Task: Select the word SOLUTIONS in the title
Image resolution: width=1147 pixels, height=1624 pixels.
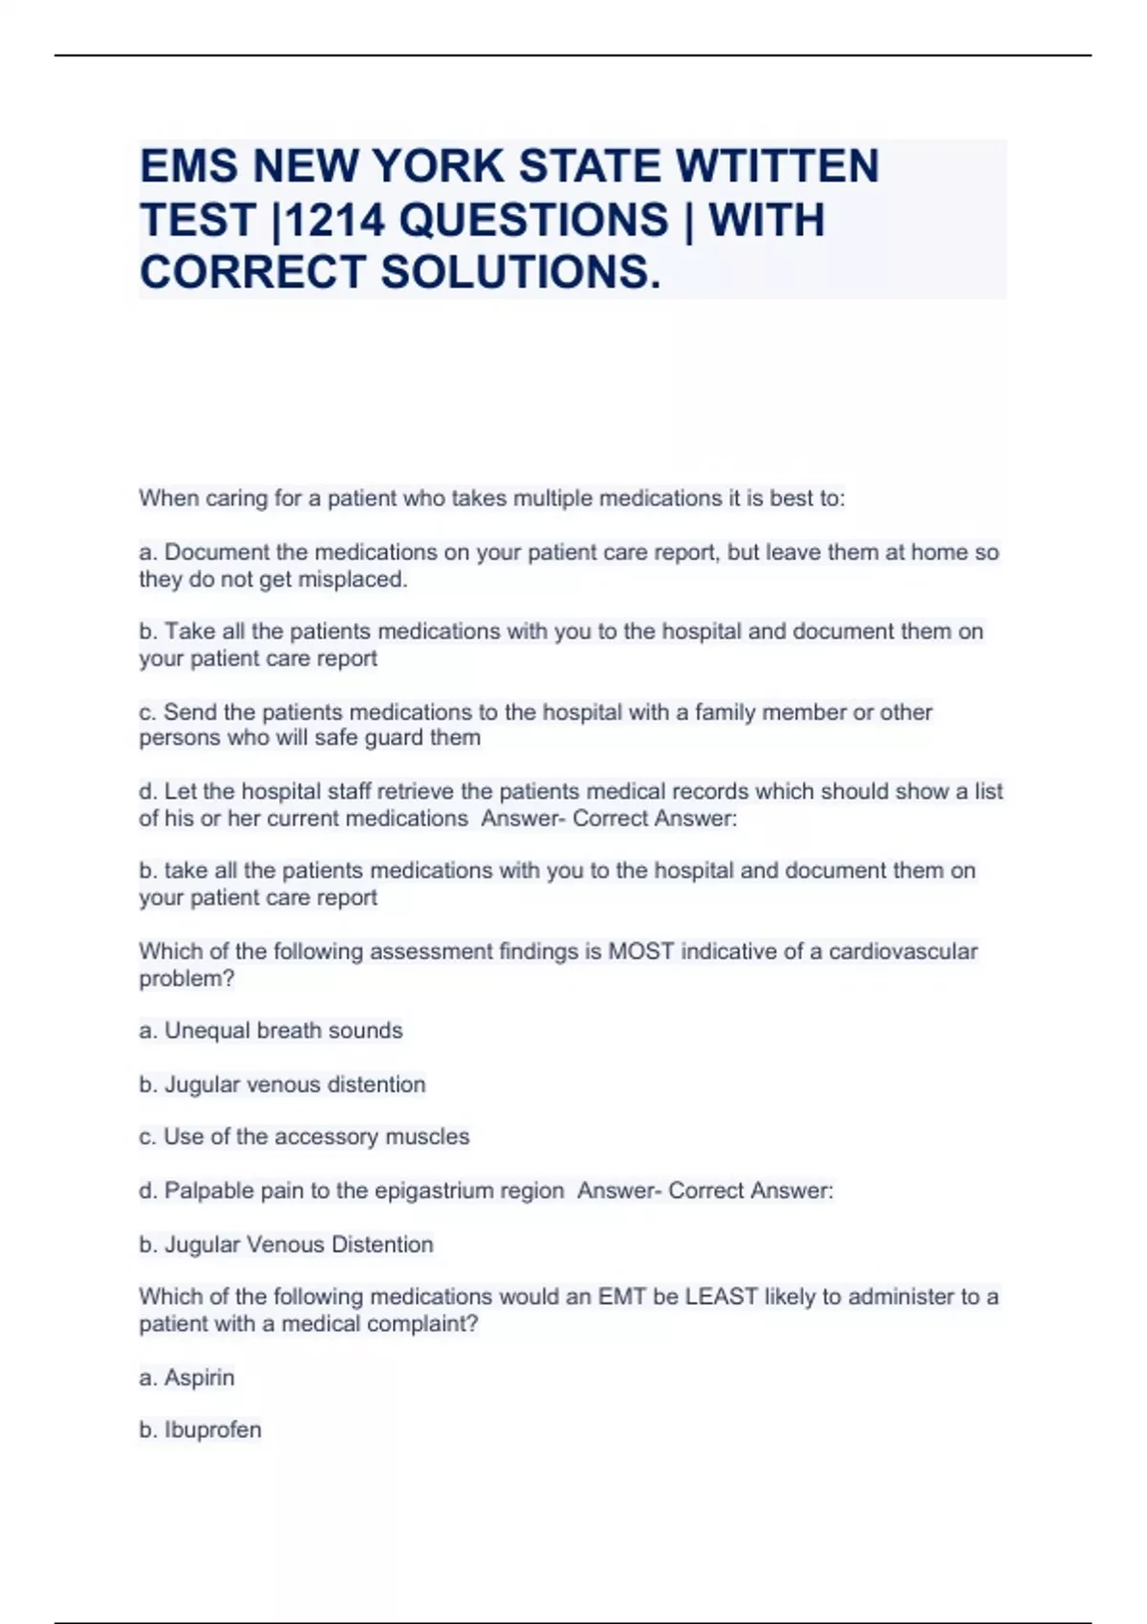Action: tap(520, 272)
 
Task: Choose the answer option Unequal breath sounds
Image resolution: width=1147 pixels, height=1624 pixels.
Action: tap(283, 1031)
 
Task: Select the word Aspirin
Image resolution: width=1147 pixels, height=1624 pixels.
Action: tap(199, 1378)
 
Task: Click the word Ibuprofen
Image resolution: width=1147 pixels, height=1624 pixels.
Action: tap(212, 1430)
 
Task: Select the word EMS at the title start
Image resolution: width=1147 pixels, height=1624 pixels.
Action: tap(188, 166)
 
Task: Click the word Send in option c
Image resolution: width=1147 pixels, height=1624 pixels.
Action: tap(185, 712)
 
